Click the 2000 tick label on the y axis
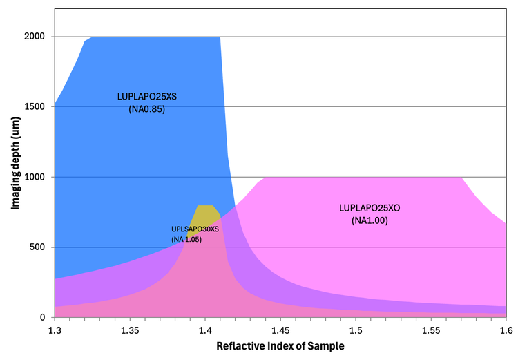point(35,37)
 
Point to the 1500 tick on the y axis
point(35,107)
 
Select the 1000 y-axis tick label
point(35,177)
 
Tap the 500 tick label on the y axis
point(38,247)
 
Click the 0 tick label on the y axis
point(43,318)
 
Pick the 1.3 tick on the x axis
point(55,332)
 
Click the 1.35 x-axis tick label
point(130,332)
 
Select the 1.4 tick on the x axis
point(205,332)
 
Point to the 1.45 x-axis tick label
point(280,332)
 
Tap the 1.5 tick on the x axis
point(356,332)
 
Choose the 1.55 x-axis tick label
point(431,332)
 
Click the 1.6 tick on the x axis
point(506,332)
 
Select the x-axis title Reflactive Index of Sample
point(280,345)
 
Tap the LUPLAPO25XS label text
point(147,97)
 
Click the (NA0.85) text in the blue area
point(147,108)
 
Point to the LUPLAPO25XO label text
point(370,208)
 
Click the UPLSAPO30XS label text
point(195,229)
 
